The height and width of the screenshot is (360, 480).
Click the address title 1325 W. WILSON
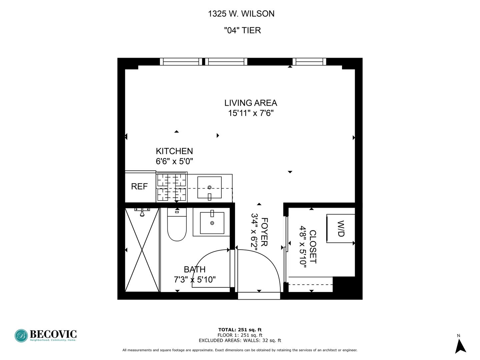[241, 14]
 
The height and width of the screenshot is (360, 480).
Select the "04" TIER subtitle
[242, 30]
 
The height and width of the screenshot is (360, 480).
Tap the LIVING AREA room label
[250, 103]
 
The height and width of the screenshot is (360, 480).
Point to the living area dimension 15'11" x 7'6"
[250, 113]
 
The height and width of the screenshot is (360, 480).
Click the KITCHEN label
[174, 151]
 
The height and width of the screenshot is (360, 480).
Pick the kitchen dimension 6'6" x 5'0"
[174, 161]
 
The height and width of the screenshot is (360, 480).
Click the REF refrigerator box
[139, 186]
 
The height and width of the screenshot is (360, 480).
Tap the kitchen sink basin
[209, 187]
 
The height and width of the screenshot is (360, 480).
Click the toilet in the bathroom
[177, 225]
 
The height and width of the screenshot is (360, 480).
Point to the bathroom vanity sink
[212, 223]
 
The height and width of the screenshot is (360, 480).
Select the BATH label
[195, 269]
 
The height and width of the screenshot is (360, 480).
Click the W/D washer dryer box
[340, 228]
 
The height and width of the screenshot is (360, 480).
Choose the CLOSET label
[313, 247]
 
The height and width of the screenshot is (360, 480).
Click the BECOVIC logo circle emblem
[21, 336]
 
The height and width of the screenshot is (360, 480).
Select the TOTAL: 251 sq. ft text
[240, 330]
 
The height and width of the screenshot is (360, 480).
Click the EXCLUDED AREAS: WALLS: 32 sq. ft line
[240, 340]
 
